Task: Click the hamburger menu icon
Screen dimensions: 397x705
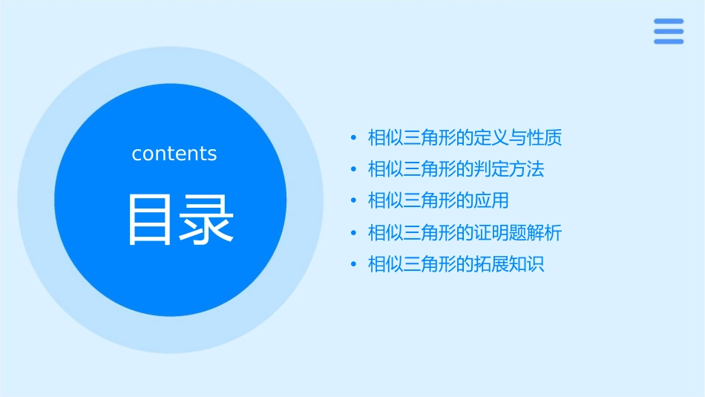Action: (669, 32)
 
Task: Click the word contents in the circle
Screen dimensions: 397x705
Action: (174, 154)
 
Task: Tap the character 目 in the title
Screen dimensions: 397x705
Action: (151, 219)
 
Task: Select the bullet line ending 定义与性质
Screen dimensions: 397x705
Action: (465, 137)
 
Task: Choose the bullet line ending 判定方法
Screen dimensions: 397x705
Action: (456, 169)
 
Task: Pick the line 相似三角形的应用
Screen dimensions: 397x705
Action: (438, 201)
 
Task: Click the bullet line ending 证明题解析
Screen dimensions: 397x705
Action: (465, 233)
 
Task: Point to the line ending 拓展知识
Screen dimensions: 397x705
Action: (456, 264)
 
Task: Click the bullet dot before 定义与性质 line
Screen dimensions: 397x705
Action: (353, 138)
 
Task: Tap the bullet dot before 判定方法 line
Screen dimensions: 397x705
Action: (353, 170)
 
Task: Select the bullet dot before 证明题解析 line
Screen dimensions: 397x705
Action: (353, 234)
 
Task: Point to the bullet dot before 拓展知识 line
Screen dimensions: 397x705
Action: (353, 265)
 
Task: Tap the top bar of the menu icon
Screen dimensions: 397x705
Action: (669, 22)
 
